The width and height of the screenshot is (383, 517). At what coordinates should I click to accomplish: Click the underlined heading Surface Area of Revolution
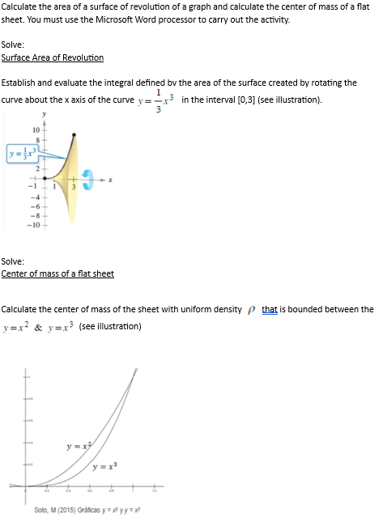[53, 57]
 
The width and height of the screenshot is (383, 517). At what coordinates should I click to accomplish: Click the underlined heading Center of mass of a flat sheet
[57, 273]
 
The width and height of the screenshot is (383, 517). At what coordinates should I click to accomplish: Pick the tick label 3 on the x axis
[77, 185]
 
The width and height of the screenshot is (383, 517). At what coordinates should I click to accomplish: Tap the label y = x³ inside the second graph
[107, 466]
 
